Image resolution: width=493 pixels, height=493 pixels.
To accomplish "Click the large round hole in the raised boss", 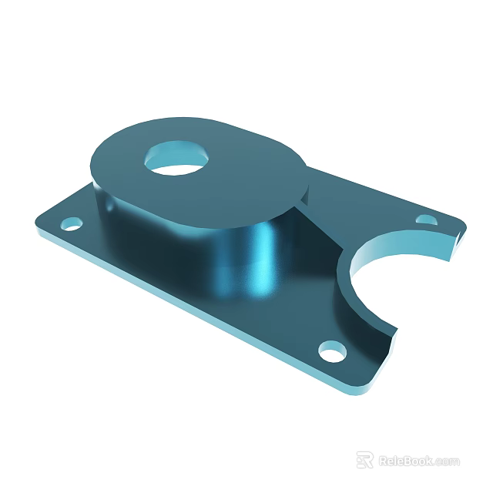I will click(178, 157).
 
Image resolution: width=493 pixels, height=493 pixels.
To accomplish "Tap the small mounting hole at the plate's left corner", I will click(72, 224).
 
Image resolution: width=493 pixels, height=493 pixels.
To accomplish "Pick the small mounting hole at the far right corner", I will click(425, 220).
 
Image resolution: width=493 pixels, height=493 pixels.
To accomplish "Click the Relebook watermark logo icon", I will click(365, 460).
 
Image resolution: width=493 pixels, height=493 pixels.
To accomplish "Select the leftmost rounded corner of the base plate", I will click(39, 223).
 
